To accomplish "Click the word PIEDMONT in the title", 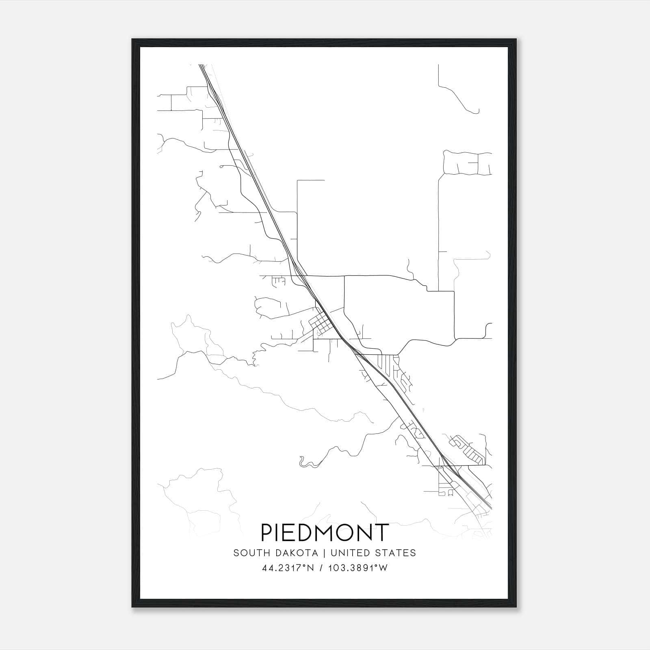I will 324,533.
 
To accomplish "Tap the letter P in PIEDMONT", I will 267,533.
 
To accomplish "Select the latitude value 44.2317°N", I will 289,568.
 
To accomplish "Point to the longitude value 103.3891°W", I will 359,568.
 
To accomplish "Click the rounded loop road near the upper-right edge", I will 467,162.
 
